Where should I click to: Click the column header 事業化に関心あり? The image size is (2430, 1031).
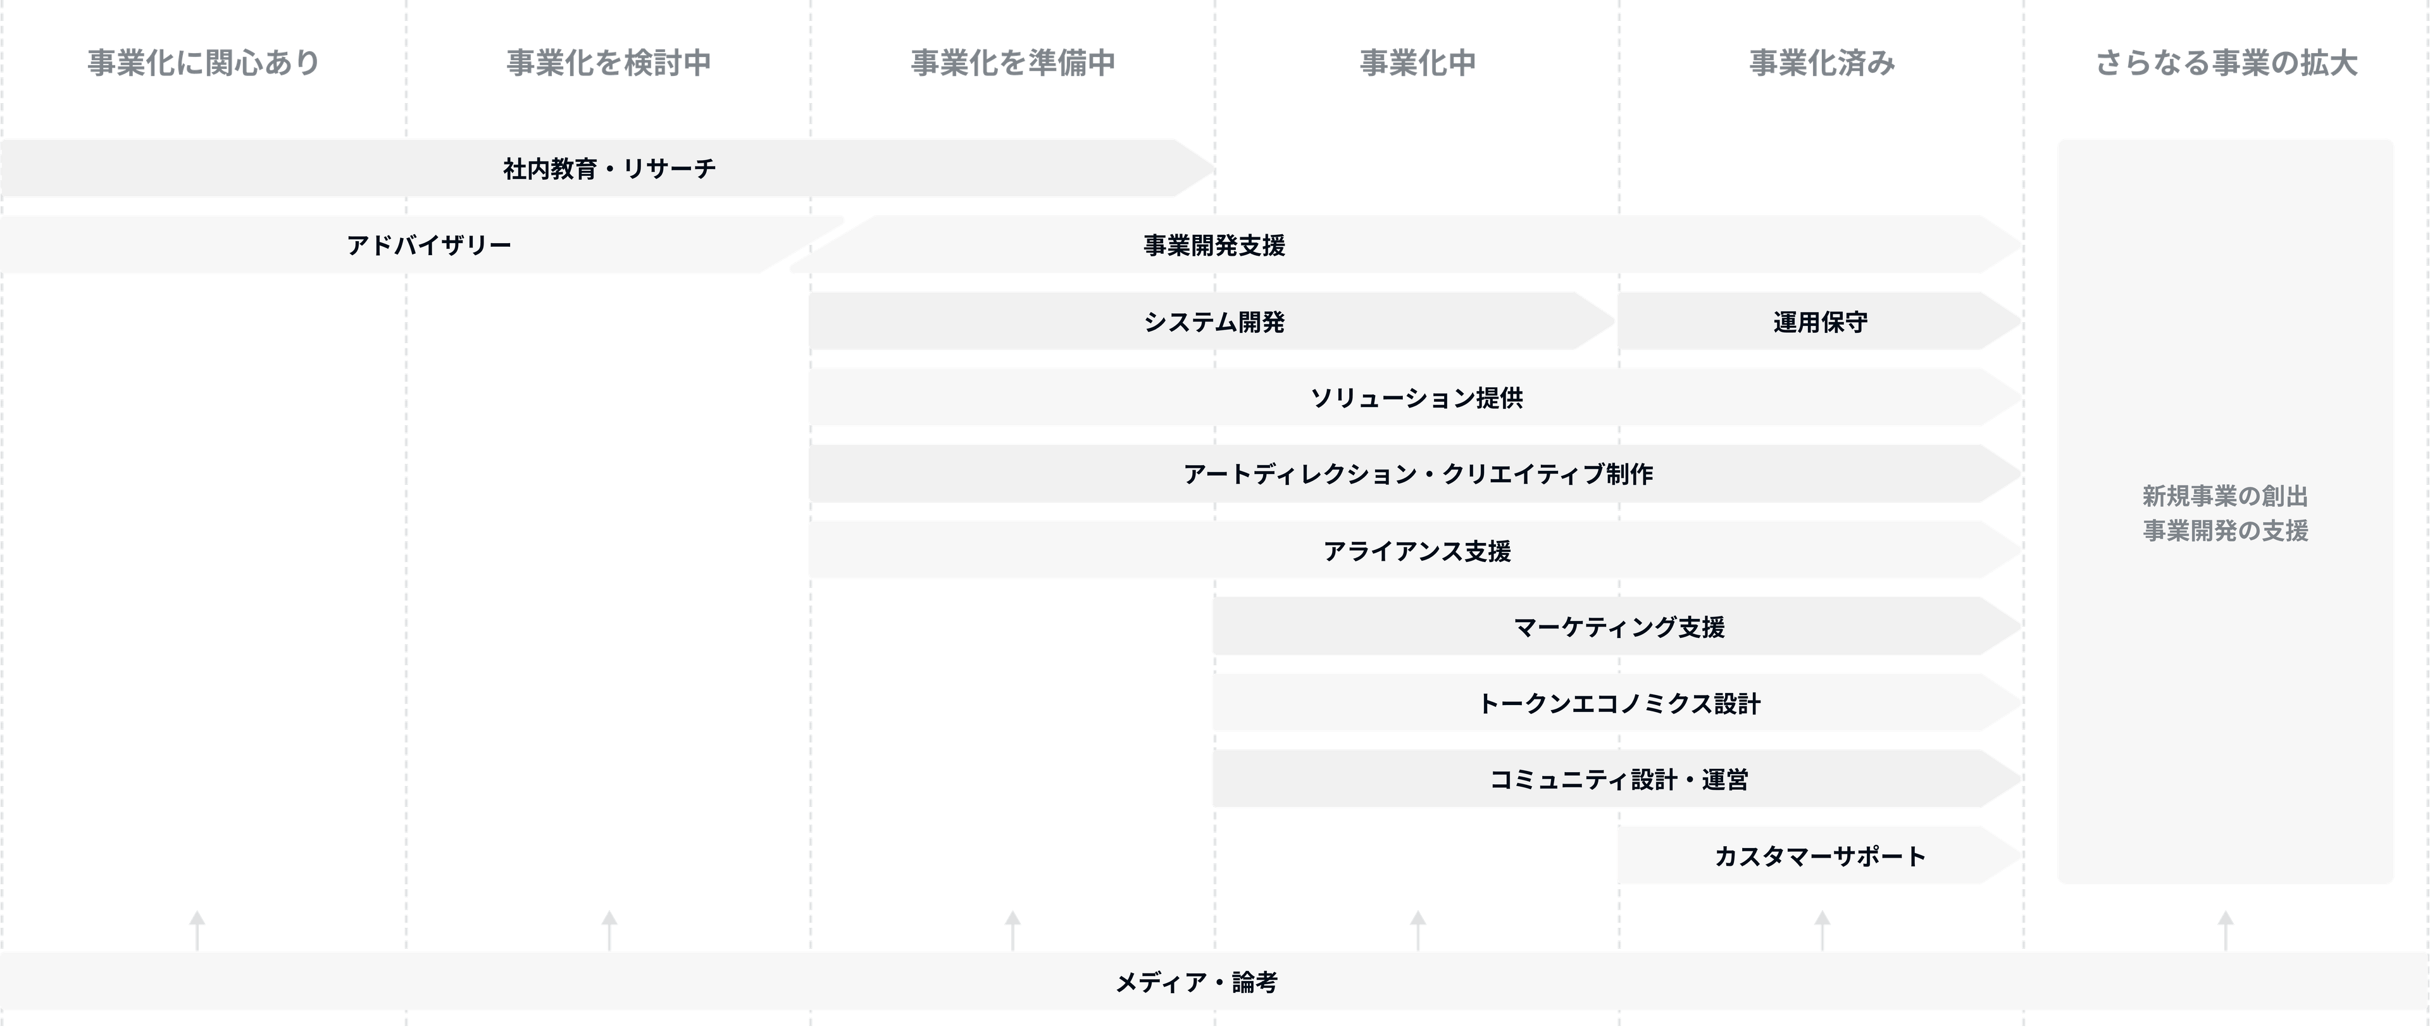click(202, 63)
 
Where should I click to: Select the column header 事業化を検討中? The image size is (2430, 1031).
click(608, 63)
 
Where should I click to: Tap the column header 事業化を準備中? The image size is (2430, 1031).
click(1013, 63)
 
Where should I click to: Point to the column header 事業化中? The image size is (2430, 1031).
click(1417, 63)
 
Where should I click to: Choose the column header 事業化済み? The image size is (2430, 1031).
click(1822, 63)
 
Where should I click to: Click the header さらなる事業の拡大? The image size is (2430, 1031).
click(2226, 63)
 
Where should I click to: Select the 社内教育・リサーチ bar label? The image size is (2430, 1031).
click(609, 169)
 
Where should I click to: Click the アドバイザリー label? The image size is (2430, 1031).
click(429, 246)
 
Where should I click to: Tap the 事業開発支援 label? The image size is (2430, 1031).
click(1214, 246)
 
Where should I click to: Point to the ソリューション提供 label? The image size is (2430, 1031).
click(1416, 398)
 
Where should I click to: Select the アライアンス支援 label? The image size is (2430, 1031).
click(1416, 551)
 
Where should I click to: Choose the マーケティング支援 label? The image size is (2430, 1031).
click(1619, 627)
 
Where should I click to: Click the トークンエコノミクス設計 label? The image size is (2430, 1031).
click(1619, 704)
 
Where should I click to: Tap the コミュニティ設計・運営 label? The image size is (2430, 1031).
click(1619, 780)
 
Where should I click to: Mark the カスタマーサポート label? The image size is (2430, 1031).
click(1820, 856)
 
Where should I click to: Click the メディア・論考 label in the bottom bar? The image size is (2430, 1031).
click(1196, 983)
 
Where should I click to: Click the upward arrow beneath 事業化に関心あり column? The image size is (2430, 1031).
click(197, 928)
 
